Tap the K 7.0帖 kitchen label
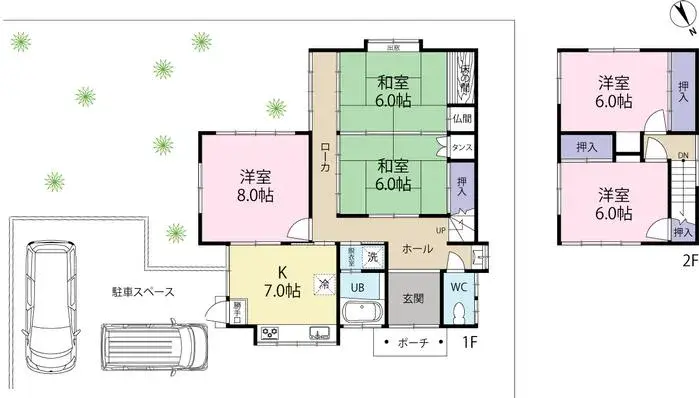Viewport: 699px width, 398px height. [281, 282]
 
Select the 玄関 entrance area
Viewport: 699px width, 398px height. [412, 297]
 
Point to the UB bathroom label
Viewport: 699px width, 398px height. [357, 286]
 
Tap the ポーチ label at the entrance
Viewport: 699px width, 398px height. [413, 343]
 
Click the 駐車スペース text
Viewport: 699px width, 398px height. [143, 292]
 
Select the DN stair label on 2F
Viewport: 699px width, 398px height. [683, 156]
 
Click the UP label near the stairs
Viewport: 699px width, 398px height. [440, 229]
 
